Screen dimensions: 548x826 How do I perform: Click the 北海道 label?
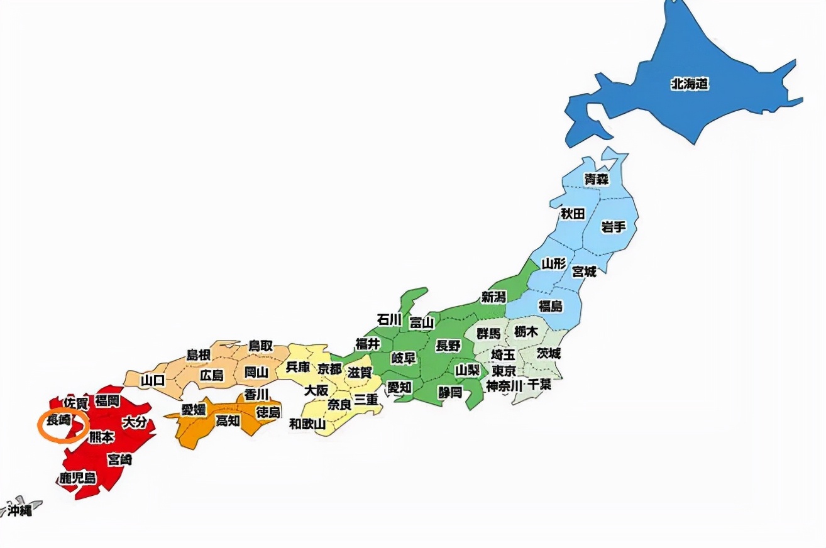click(690, 84)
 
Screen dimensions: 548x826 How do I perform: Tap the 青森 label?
click(597, 179)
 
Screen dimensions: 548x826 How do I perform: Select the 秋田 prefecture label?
click(573, 214)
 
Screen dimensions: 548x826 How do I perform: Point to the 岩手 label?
click(613, 227)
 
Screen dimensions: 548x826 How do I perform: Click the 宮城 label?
click(584, 271)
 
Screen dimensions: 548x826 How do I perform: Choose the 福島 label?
click(551, 306)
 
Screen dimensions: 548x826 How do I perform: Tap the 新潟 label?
click(494, 297)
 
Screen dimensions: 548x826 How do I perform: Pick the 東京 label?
click(504, 371)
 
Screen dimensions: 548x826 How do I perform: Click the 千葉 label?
click(539, 385)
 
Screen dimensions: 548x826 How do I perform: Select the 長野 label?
click(448, 345)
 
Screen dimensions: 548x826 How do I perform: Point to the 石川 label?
click(388, 319)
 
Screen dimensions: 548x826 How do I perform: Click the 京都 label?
click(330, 369)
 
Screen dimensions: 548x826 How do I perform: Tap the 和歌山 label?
click(307, 424)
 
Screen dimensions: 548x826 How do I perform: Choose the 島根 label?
click(197, 355)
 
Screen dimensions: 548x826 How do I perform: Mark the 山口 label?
click(152, 380)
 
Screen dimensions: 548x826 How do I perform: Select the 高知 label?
click(228, 421)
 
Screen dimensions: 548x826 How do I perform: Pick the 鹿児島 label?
click(78, 478)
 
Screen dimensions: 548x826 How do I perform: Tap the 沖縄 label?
click(19, 510)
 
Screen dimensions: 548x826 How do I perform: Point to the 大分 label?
click(135, 422)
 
